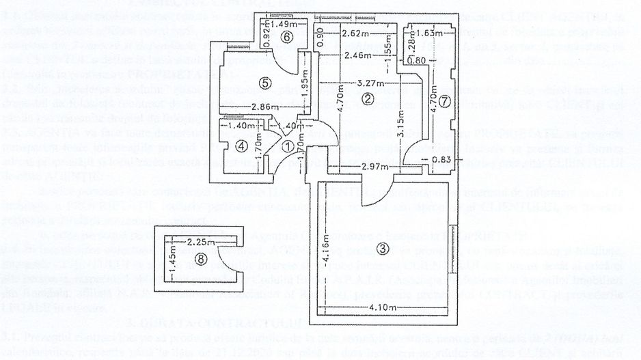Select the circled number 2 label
(x=367, y=100)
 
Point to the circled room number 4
(x=239, y=146)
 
